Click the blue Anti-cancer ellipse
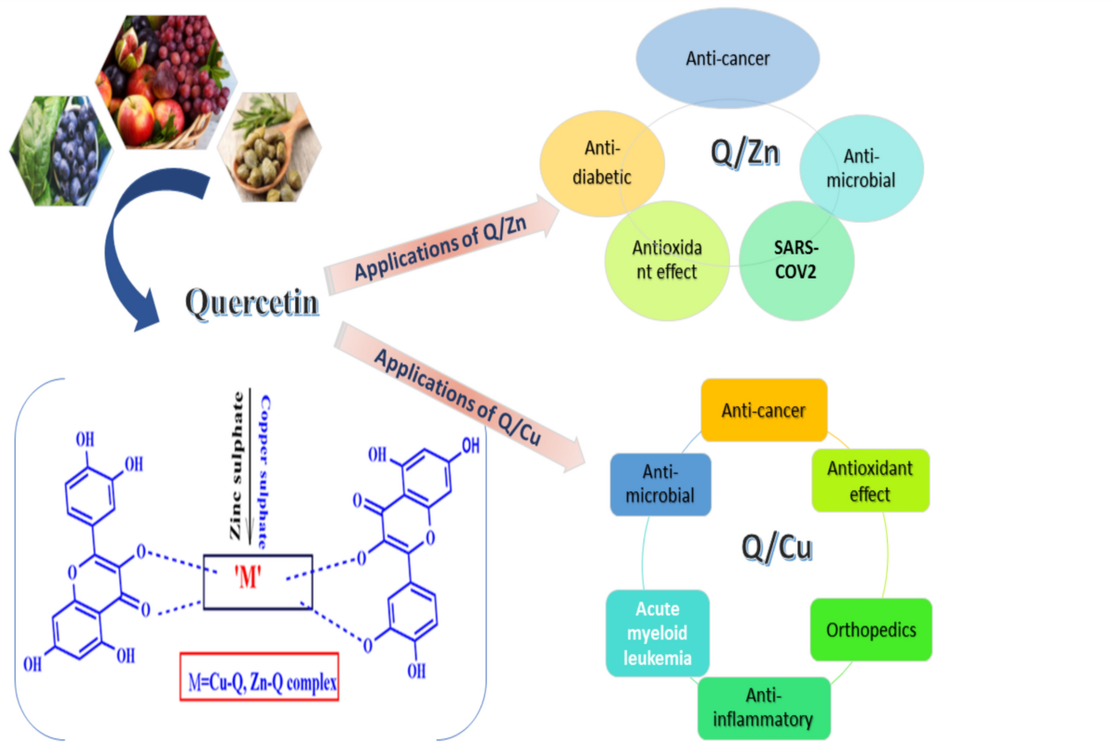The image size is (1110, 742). tap(727, 58)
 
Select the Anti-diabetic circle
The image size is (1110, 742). tap(602, 164)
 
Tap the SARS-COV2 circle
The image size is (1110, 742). tap(796, 260)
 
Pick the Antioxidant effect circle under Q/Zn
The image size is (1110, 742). tap(667, 260)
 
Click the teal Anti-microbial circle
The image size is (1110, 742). tap(861, 168)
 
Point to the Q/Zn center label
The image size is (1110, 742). tap(745, 152)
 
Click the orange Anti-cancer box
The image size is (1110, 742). tap(764, 410)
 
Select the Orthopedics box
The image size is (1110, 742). tap(871, 629)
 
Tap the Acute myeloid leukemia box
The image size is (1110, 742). tap(658, 633)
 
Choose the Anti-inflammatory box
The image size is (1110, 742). tap(764, 708)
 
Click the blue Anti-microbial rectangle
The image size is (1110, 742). tap(660, 484)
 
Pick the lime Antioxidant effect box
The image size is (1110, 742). tap(870, 480)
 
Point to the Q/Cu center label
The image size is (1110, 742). tap(776, 547)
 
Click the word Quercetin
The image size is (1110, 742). tap(252, 302)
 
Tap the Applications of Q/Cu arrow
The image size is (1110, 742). tap(459, 397)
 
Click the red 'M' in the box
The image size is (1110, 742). tap(247, 577)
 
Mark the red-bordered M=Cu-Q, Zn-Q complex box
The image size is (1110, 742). tap(259, 676)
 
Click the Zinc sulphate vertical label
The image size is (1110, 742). tap(237, 465)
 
